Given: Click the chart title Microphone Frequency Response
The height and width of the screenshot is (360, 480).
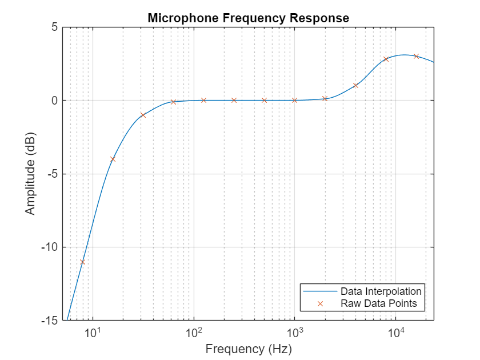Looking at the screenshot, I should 248,18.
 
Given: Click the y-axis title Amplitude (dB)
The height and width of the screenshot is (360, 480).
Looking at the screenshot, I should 30,174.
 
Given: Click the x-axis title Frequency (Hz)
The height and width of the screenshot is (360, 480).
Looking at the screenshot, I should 248,349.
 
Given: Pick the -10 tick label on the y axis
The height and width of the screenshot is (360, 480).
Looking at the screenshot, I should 50,247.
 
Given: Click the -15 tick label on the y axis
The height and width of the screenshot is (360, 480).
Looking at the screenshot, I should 50,321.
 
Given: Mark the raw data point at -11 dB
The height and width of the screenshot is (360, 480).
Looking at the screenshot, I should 82,262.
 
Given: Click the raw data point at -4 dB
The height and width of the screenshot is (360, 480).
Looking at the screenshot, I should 113,159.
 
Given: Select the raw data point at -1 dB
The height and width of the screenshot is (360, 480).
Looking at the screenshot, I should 143,115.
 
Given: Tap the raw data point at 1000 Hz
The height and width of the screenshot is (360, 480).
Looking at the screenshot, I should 294,100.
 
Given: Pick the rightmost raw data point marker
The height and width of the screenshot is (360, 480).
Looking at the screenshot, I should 416,56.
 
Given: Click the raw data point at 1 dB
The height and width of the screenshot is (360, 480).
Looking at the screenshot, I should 355,86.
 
